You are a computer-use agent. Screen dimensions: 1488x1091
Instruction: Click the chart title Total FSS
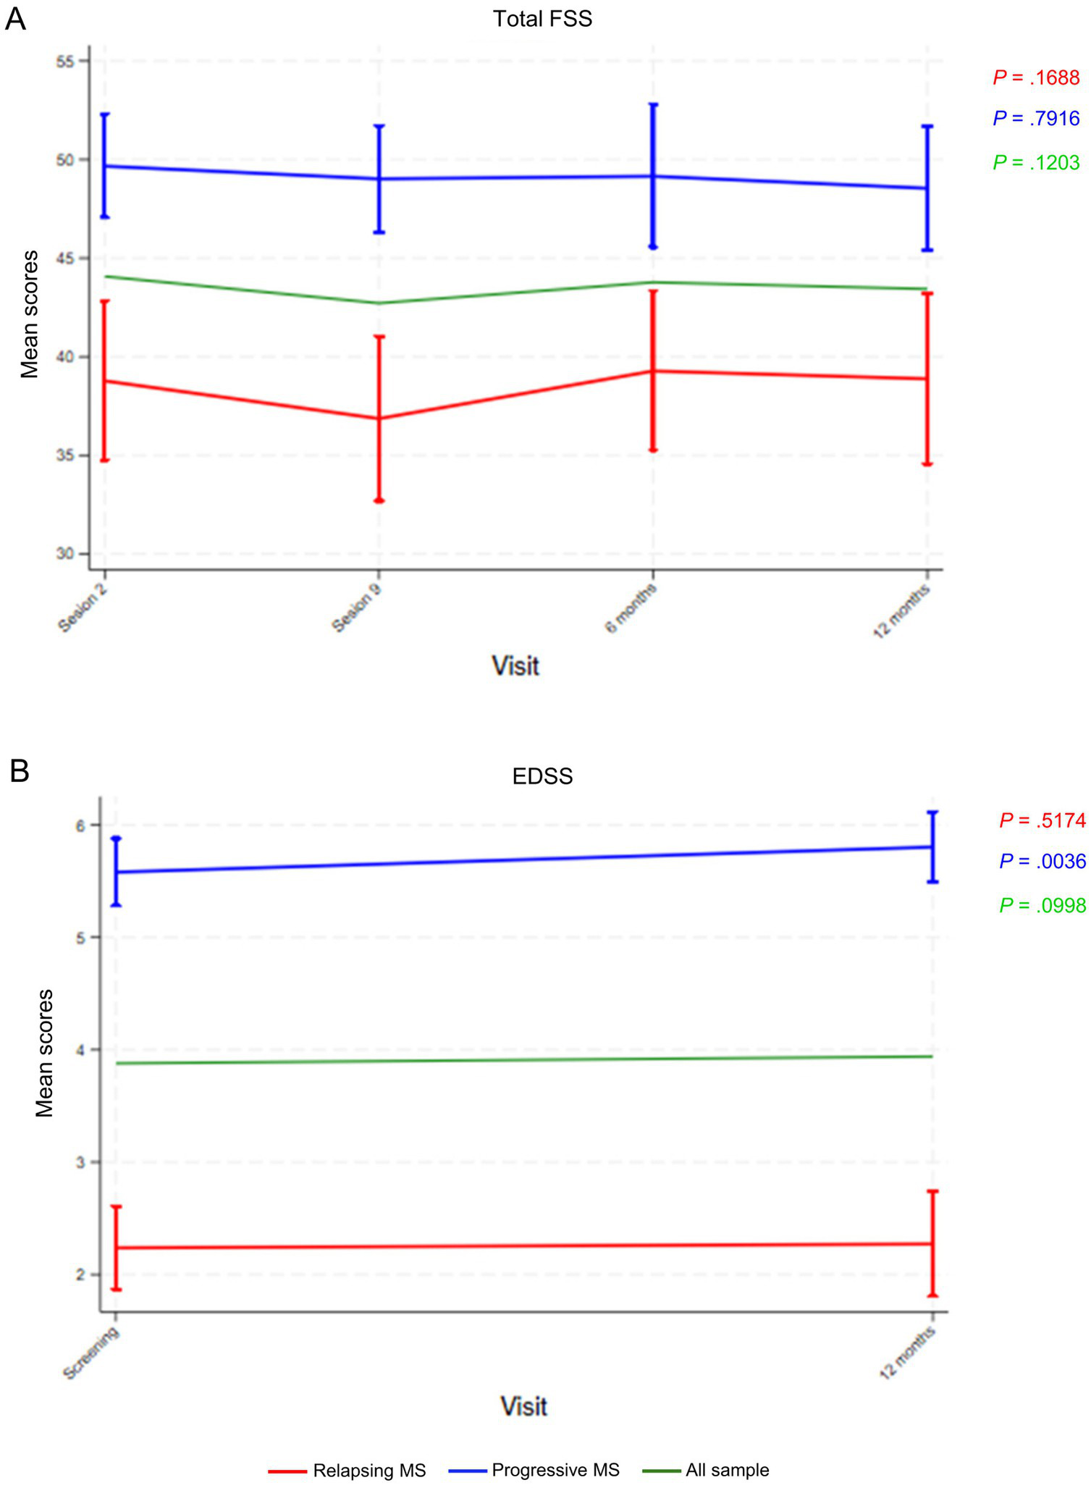(x=542, y=19)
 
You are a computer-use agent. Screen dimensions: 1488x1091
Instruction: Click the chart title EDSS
(x=542, y=776)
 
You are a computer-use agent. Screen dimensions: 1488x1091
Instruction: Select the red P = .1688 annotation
(x=1036, y=78)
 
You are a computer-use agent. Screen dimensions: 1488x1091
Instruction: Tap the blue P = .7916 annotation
(x=1036, y=119)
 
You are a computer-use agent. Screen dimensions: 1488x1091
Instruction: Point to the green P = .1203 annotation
(x=1036, y=163)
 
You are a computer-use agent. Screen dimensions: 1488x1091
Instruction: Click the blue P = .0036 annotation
(x=1042, y=861)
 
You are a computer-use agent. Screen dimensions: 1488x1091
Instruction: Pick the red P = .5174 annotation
(x=1042, y=820)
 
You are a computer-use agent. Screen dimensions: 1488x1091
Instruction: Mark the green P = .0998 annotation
(x=1042, y=905)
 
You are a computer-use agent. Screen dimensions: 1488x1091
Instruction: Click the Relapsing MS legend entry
(x=369, y=1471)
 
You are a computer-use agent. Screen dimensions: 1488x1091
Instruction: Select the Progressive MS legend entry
(x=555, y=1471)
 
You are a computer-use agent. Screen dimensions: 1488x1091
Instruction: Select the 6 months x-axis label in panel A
(x=631, y=608)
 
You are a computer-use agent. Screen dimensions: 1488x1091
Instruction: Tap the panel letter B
(x=20, y=771)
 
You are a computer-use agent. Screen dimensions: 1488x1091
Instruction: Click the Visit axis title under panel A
(x=515, y=665)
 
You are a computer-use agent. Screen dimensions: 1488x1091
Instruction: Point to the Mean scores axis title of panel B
(x=45, y=1054)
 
